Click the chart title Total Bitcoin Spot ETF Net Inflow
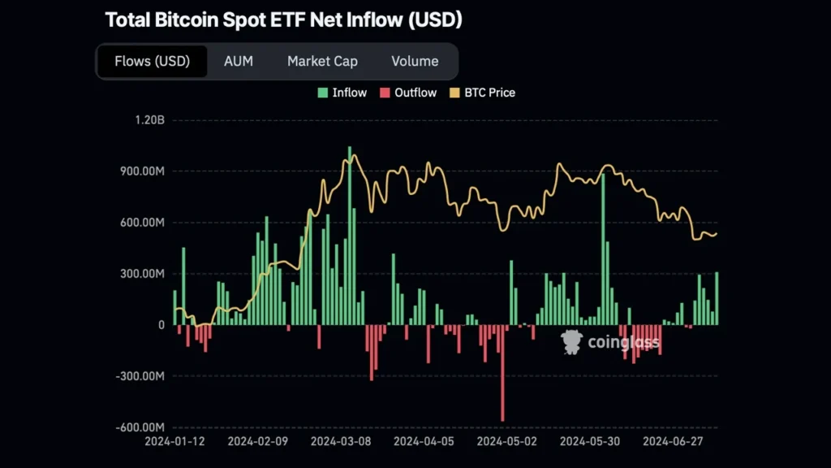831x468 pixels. (283, 20)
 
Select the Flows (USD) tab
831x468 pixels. (152, 61)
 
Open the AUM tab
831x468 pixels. (239, 61)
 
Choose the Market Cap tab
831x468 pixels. (322, 61)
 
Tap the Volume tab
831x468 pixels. (415, 61)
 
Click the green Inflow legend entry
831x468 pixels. (342, 93)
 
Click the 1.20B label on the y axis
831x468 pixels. (149, 120)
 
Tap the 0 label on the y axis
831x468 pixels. (161, 325)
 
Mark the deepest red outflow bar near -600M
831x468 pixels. (502, 373)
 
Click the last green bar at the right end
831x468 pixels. (717, 299)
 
